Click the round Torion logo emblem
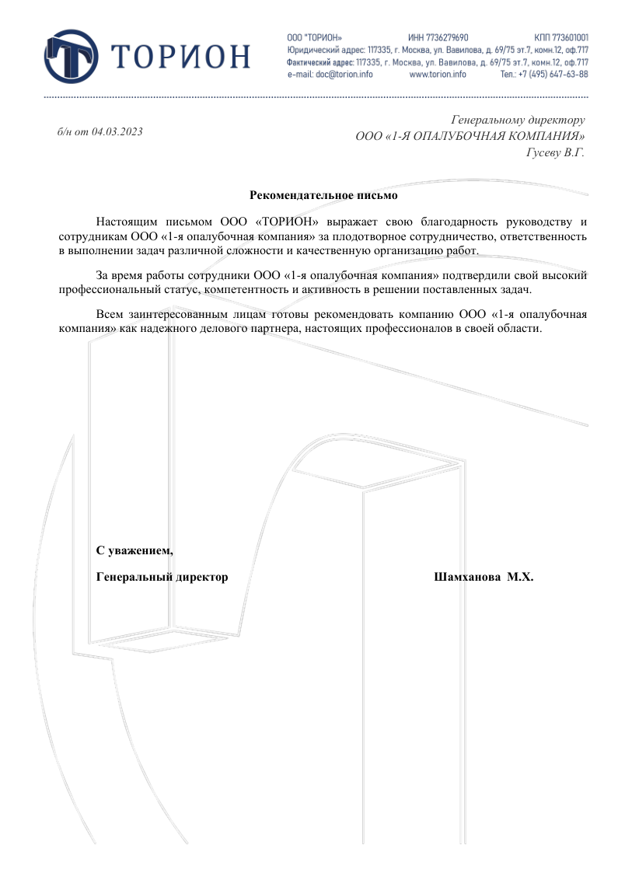pos(72,56)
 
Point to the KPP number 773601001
pos(570,37)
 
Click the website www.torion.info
pos(437,75)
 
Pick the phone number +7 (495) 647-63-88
pos(553,75)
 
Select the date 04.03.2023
pos(117,131)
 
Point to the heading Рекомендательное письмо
pos(323,196)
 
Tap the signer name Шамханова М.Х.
pos(482,578)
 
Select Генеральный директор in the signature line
pos(162,578)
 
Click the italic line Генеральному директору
pos(518,120)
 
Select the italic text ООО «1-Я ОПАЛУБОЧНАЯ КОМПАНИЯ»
pos(470,136)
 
